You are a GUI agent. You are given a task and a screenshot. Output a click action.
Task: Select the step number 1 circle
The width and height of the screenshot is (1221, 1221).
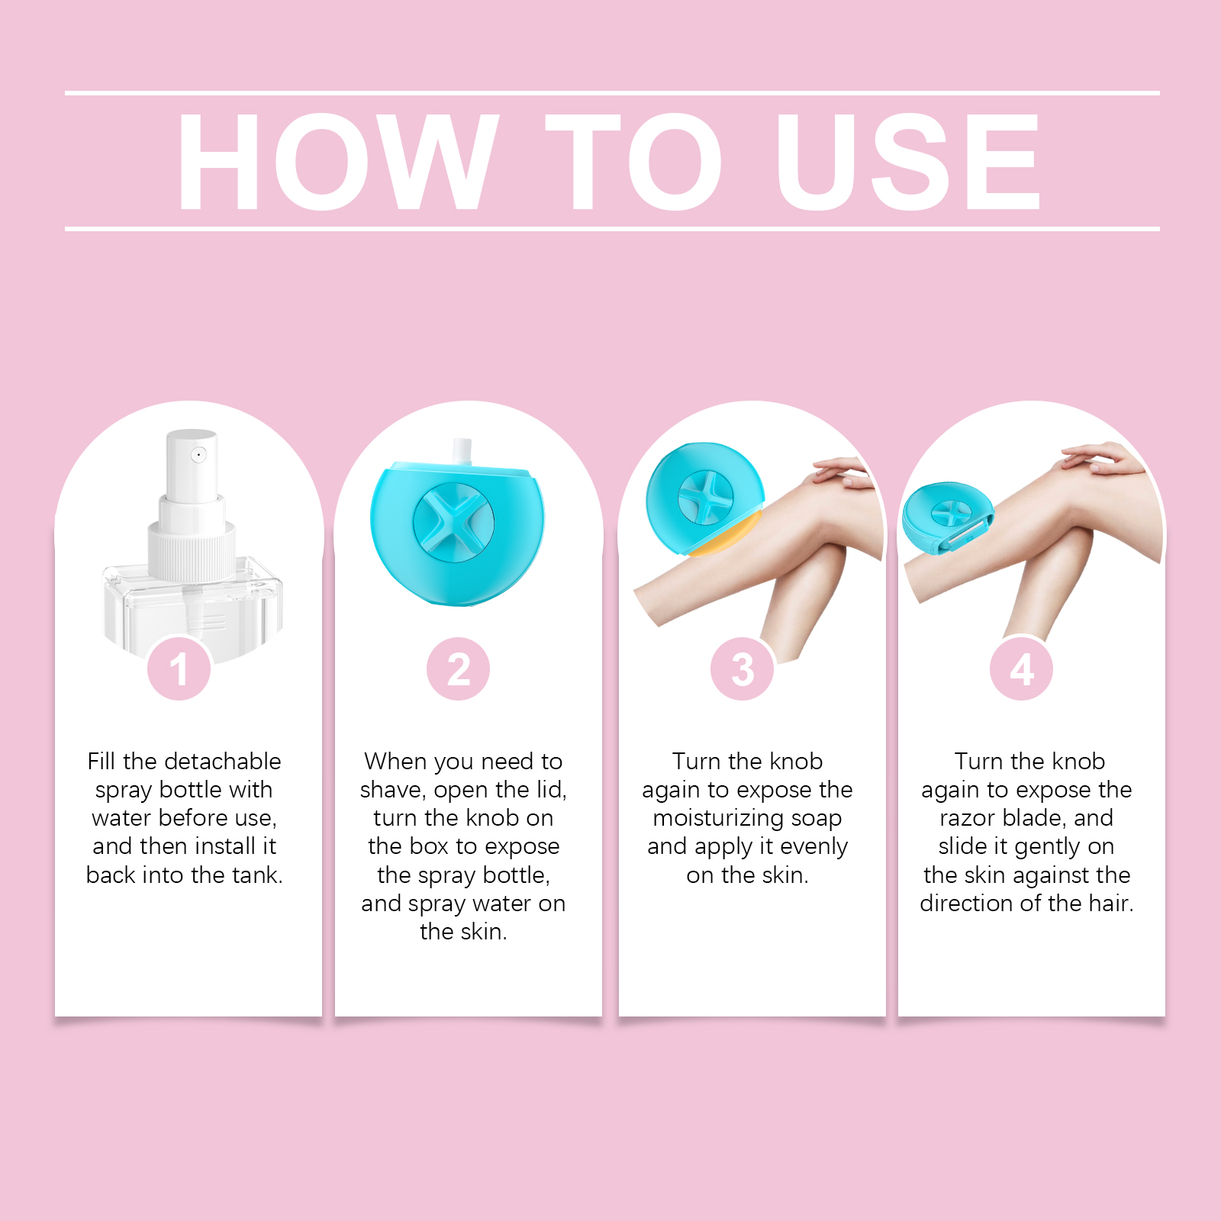(179, 668)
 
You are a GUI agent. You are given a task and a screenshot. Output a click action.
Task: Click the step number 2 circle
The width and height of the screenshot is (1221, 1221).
(459, 668)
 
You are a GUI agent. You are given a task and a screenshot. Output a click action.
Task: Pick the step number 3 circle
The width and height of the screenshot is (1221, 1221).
(743, 668)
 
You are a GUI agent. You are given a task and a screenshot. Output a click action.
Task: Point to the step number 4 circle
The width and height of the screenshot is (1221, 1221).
(1022, 668)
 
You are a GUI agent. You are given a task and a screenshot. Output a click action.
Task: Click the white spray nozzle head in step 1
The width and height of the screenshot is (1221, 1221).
(192, 465)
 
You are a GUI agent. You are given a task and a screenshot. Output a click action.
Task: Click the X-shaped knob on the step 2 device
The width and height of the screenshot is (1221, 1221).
(453, 523)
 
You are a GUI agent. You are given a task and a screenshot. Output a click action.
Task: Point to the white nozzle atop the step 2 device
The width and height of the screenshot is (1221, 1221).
(462, 451)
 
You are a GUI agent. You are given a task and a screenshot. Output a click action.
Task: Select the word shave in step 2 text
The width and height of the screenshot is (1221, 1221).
(391, 789)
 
